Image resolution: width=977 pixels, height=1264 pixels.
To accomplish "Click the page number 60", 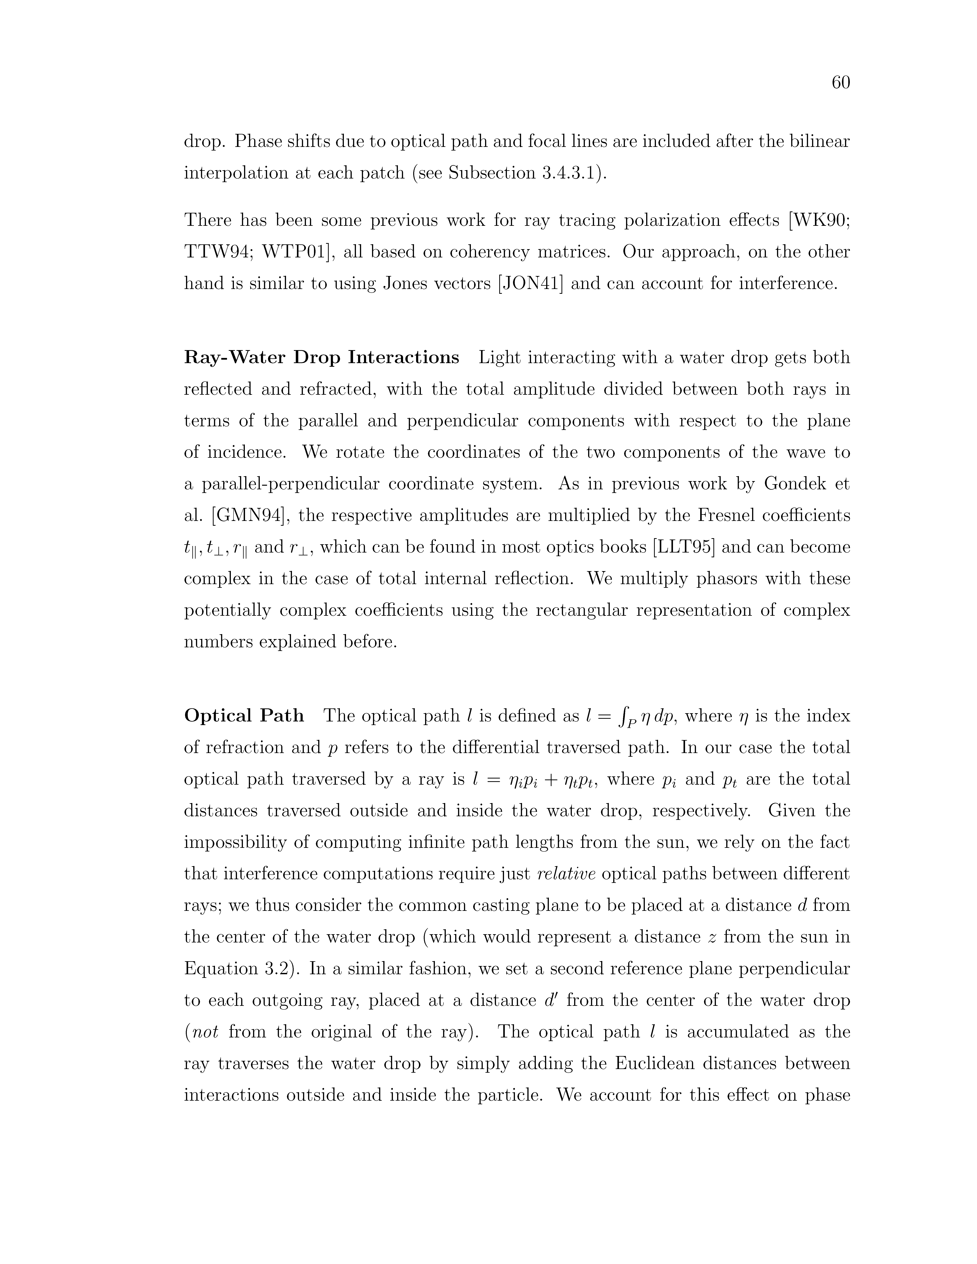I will click(x=840, y=83).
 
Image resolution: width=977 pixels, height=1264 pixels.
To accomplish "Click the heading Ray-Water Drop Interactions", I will click(x=321, y=358).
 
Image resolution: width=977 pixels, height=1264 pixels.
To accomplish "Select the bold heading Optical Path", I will click(x=244, y=716).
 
